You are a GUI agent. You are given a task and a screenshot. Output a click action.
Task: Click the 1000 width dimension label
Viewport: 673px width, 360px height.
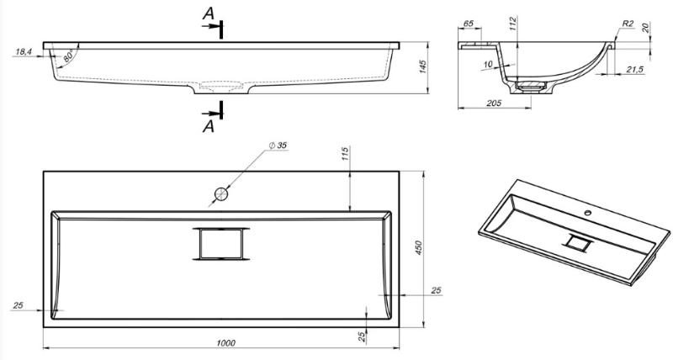(x=225, y=343)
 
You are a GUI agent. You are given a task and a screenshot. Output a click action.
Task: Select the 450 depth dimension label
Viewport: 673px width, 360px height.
(x=419, y=248)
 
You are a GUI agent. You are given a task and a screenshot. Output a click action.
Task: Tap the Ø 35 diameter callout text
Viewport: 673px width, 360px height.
(x=278, y=146)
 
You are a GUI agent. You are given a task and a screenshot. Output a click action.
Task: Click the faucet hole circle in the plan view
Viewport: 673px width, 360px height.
(x=221, y=194)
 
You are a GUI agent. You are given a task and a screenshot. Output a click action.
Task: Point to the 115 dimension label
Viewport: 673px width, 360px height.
(x=346, y=154)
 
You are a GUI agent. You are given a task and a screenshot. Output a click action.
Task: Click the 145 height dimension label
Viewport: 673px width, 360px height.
(x=423, y=67)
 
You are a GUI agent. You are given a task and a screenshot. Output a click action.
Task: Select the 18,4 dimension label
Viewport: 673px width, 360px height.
(x=24, y=52)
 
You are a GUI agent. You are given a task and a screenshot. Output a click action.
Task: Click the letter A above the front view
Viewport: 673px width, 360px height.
(x=208, y=13)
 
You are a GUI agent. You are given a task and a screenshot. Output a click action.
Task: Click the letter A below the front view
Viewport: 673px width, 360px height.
(x=208, y=126)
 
